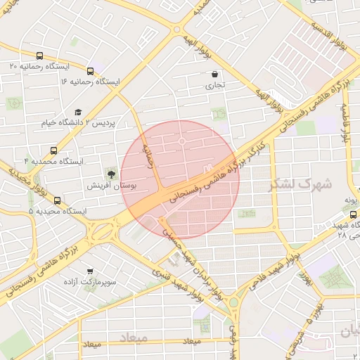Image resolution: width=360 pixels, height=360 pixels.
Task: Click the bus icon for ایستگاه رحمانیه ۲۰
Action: pos(39,55)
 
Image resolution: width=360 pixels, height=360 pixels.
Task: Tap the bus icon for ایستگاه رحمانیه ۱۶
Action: pos(90,71)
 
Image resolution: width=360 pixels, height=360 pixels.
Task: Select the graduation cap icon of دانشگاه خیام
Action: pos(78,112)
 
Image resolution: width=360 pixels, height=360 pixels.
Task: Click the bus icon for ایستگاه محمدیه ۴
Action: pos(53,150)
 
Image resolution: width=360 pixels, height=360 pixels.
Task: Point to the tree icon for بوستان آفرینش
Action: pos(110,173)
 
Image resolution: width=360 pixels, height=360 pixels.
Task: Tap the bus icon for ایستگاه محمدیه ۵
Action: pos(57,200)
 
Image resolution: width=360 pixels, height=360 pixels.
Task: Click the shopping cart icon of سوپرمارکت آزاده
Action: pos(90,271)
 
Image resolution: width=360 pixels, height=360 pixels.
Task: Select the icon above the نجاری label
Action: pos(214,74)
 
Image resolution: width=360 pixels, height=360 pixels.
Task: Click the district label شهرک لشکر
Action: pos(294,184)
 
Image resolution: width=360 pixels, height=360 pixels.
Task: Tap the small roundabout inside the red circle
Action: pos(181,142)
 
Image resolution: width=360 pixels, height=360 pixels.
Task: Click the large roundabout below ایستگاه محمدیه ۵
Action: pos(103,229)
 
